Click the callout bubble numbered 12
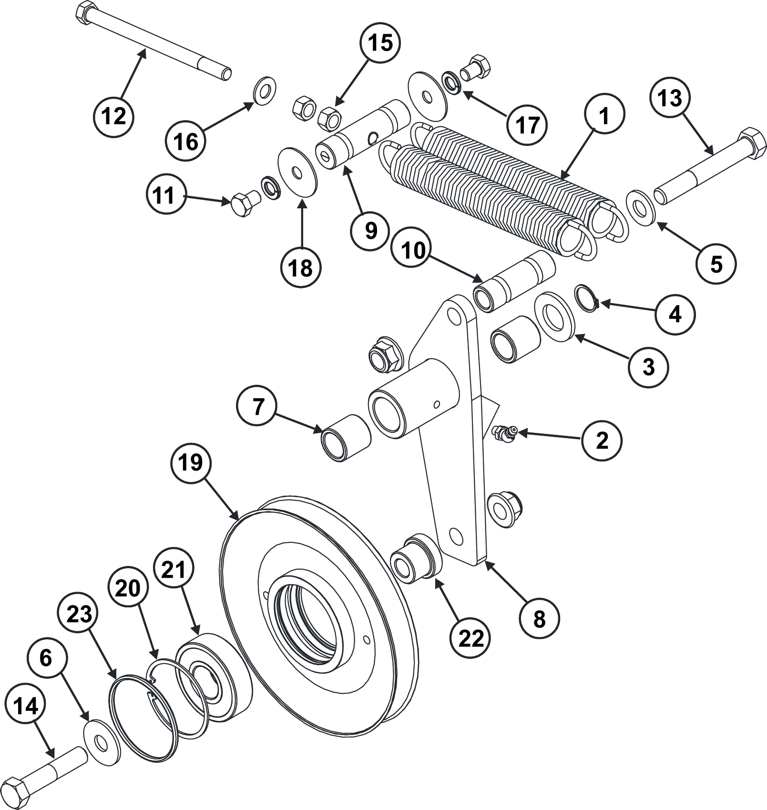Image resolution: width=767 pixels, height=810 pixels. pyautogui.click(x=114, y=116)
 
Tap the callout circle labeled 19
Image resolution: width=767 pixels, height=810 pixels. pyautogui.click(x=191, y=462)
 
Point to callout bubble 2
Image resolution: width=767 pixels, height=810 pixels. pyautogui.click(x=602, y=440)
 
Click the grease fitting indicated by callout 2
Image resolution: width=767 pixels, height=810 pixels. pyautogui.click(x=503, y=432)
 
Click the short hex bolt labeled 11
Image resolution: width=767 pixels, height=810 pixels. pyautogui.click(x=244, y=205)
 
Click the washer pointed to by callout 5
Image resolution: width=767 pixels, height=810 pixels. pyautogui.click(x=640, y=206)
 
